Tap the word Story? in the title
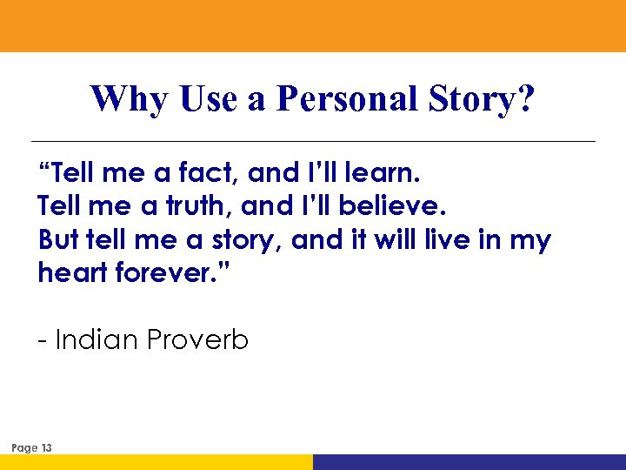click(482, 100)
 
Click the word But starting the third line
click(58, 240)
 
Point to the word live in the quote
click(445, 240)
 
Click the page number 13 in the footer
click(46, 448)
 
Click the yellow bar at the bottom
click(156, 462)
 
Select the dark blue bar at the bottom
click(469, 462)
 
